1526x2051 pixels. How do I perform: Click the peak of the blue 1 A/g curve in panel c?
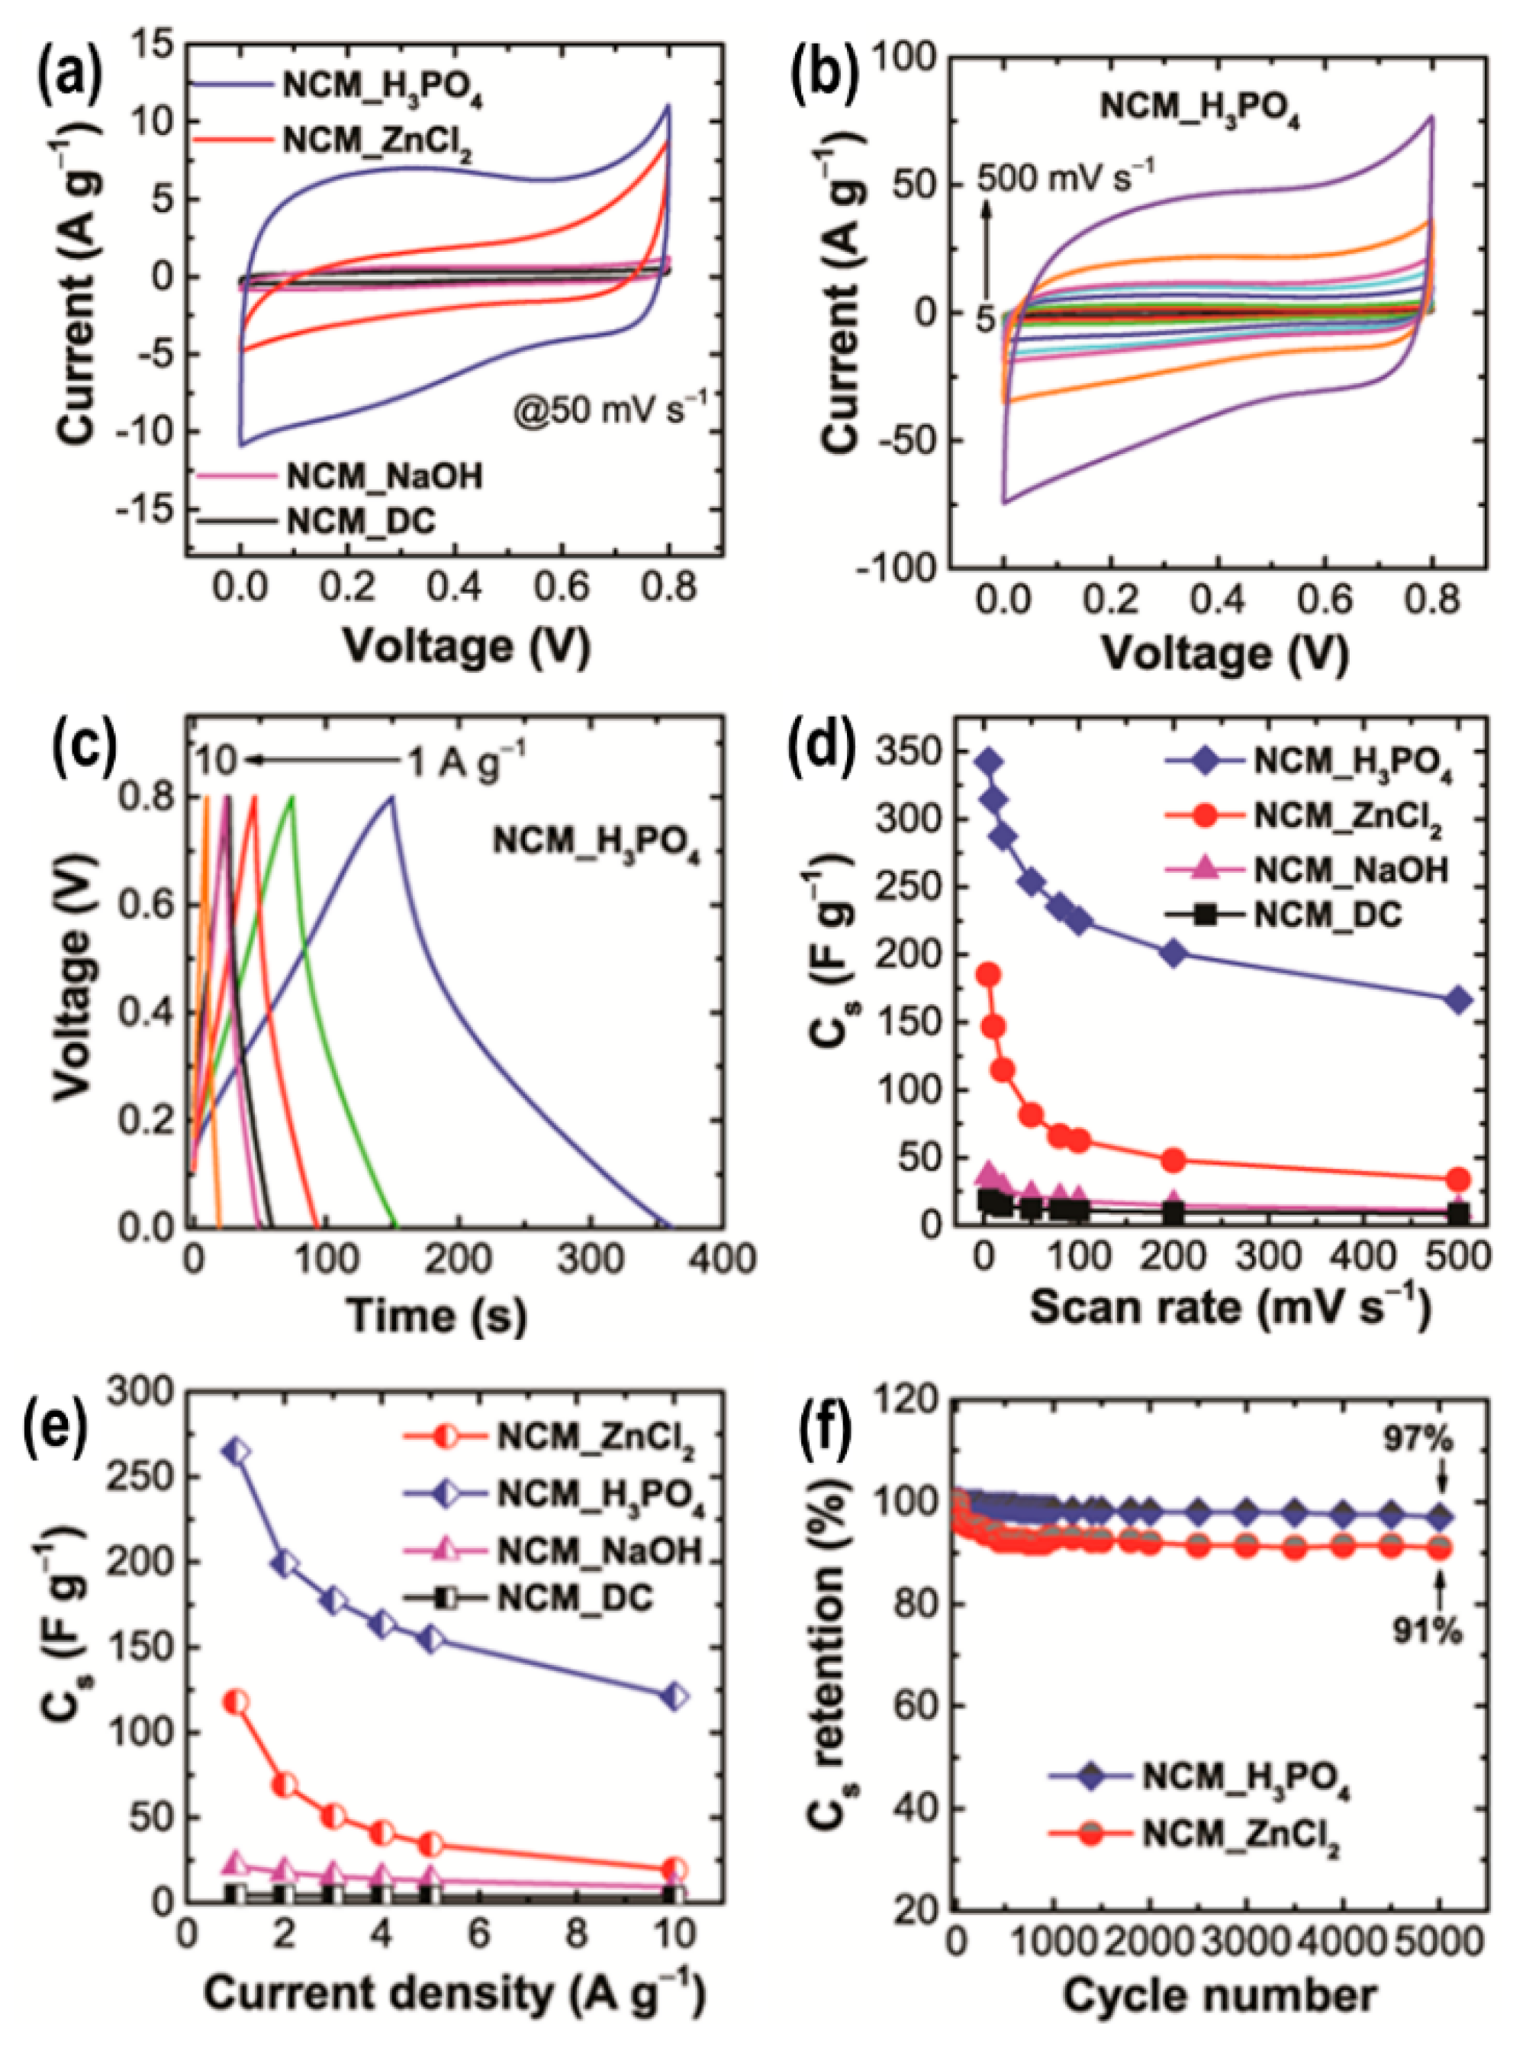(391, 797)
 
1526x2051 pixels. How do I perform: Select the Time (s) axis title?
(436, 1315)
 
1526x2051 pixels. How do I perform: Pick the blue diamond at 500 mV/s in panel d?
(1459, 1000)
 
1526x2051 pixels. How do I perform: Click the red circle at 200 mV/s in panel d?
(1173, 1161)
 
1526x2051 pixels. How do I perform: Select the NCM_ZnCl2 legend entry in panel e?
(595, 1438)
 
